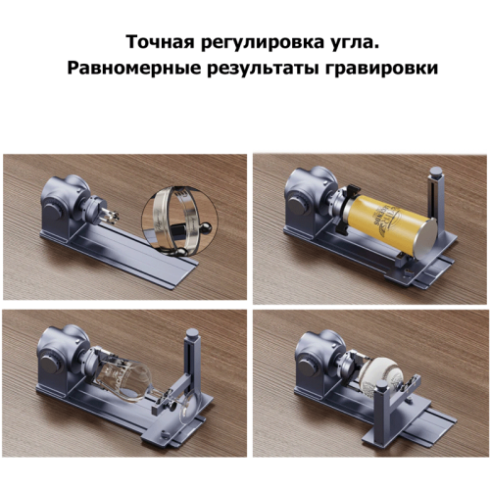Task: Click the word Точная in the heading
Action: pyautogui.click(x=161, y=42)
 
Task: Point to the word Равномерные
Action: pyautogui.click(x=134, y=68)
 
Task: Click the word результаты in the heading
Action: pyautogui.click(x=263, y=69)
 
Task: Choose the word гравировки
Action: pyautogui.click(x=381, y=69)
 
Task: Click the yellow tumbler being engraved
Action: pyautogui.click(x=392, y=226)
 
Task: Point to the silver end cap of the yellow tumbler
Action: pyautogui.click(x=424, y=239)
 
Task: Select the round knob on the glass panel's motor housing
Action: pyautogui.click(x=49, y=364)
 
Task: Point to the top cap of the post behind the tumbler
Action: pyautogui.click(x=435, y=171)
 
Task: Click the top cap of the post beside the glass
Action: pyautogui.click(x=192, y=333)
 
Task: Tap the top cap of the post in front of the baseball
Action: pyautogui.click(x=381, y=385)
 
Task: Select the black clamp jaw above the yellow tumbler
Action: pyautogui.click(x=353, y=190)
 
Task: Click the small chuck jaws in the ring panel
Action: pyautogui.click(x=110, y=214)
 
